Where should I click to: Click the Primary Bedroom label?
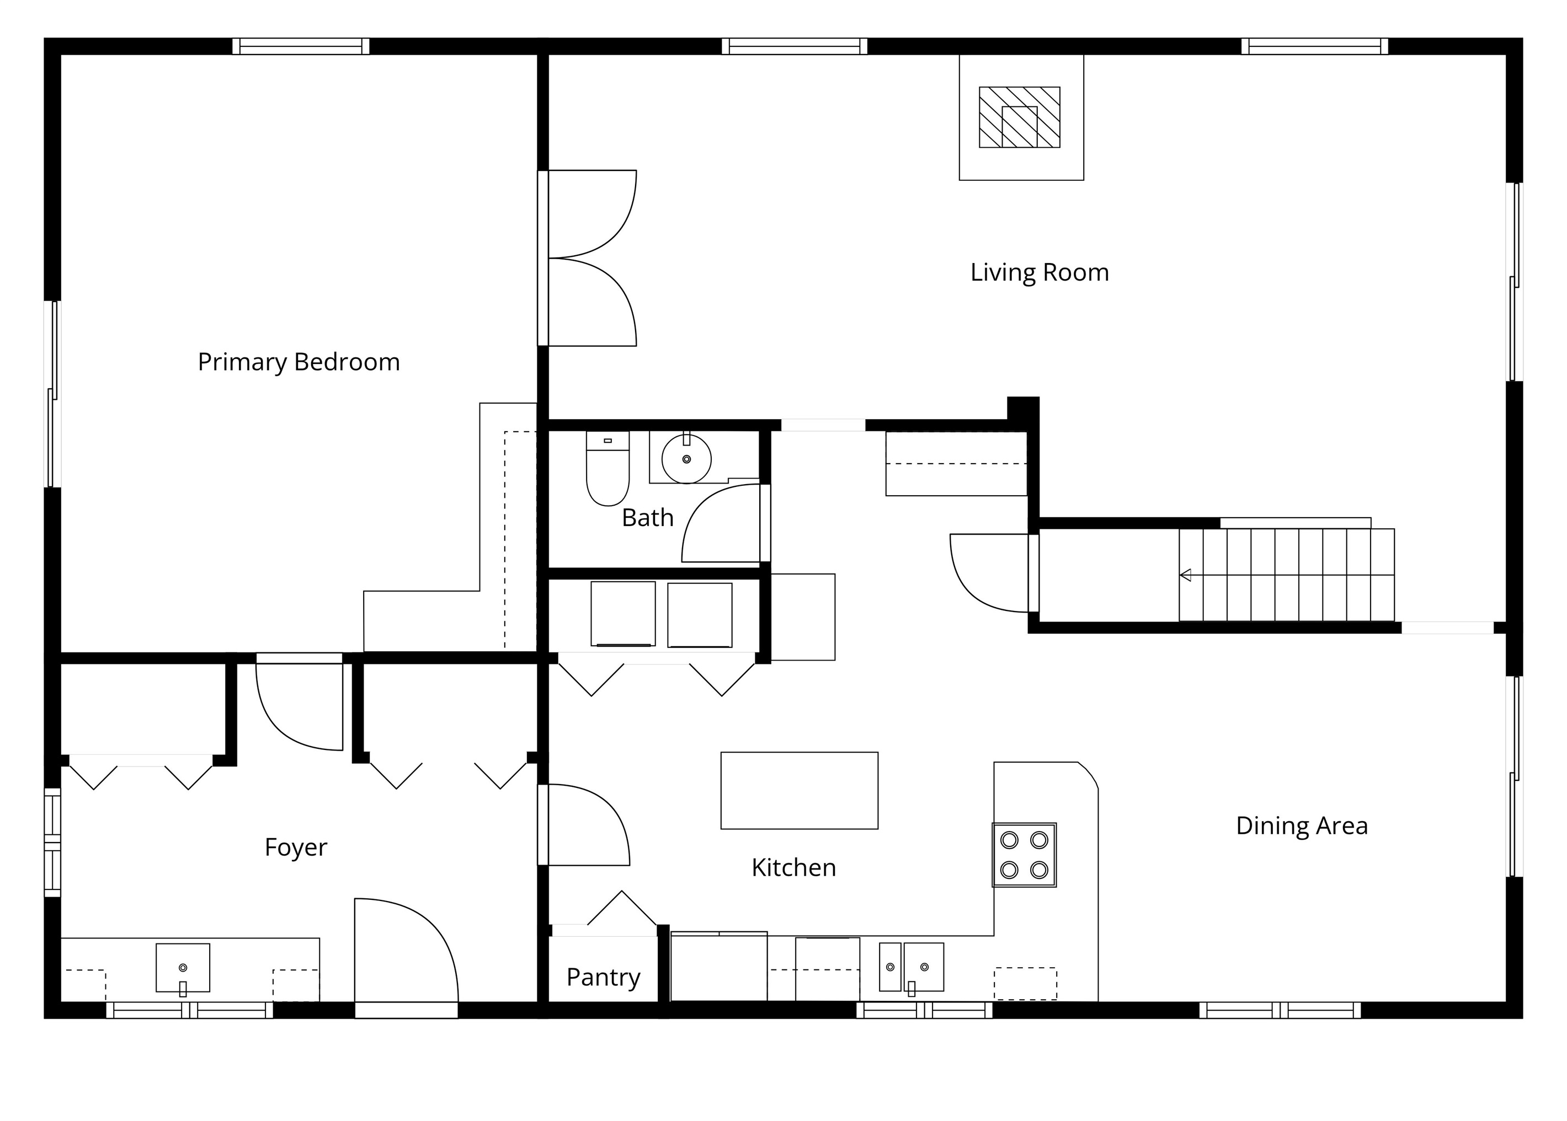coord(299,362)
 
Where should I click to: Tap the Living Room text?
coord(1040,272)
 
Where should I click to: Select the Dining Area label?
coord(1301,825)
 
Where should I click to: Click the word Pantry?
coord(603,978)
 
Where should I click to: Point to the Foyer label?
coord(296,848)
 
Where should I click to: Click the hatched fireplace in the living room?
coord(1019,117)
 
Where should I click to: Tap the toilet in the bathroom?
coord(607,469)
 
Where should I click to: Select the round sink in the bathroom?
coord(686,458)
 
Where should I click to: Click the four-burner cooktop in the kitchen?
coord(1024,855)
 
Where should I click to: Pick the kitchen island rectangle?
coord(799,790)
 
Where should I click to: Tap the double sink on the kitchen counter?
coord(911,968)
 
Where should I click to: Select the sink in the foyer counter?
coord(183,968)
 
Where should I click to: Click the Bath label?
coord(647,518)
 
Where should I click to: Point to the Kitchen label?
coord(793,868)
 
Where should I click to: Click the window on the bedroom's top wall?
coord(300,46)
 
